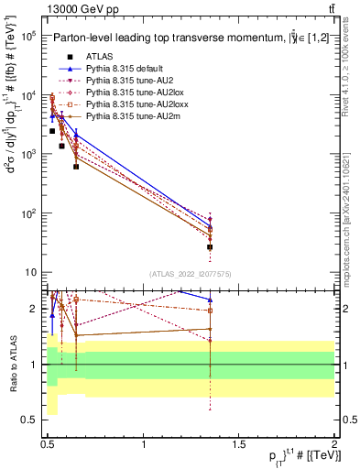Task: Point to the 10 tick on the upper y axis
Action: (29, 272)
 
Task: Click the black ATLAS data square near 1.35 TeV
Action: (210, 247)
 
